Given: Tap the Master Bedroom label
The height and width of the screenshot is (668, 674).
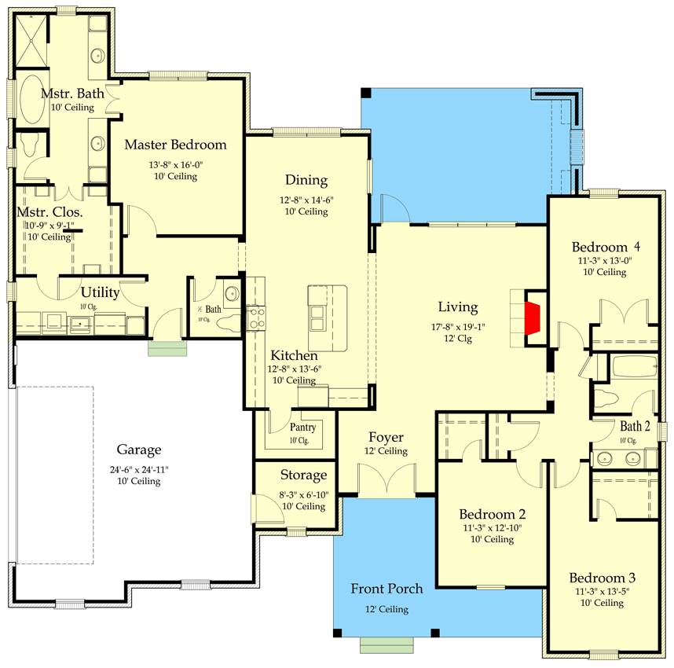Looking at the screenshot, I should [x=175, y=145].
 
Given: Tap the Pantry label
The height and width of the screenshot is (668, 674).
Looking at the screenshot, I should [x=302, y=428].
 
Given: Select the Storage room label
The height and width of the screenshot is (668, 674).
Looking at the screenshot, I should [x=303, y=475].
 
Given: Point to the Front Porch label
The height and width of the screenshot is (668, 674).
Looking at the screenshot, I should [x=386, y=589].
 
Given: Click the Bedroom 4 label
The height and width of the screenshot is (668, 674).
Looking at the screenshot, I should [x=604, y=245].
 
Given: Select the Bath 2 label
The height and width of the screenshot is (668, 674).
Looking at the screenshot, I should [x=635, y=426].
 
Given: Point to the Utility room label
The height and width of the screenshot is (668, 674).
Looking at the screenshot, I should [x=101, y=292].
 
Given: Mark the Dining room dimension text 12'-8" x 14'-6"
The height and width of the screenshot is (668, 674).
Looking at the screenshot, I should [x=306, y=200].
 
